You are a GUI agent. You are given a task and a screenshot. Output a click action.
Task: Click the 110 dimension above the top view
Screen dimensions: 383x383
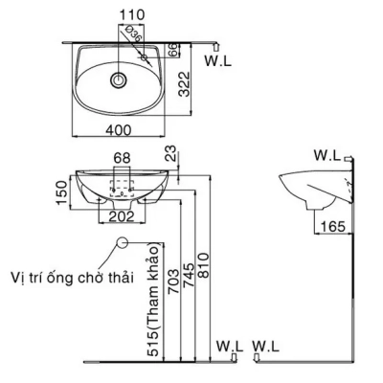pos(120,14)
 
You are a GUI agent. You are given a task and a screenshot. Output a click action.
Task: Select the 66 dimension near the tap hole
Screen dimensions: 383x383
pos(172,51)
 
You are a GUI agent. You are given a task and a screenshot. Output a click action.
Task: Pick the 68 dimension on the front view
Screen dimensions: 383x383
pos(121,156)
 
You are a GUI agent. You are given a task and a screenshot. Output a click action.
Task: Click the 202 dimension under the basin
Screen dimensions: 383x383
pos(121,216)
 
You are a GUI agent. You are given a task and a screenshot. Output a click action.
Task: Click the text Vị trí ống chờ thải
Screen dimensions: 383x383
pos(73,276)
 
